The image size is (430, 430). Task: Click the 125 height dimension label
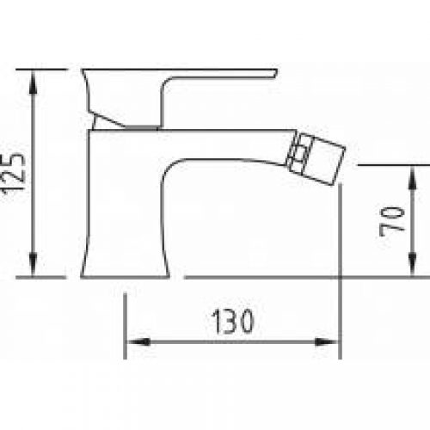pyautogui.click(x=13, y=175)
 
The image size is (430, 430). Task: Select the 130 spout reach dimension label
pyautogui.click(x=232, y=322)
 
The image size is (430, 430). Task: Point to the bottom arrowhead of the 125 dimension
pyautogui.click(x=34, y=265)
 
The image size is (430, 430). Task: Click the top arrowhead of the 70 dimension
pyautogui.click(x=412, y=177)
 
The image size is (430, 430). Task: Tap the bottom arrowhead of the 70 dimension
pyautogui.click(x=412, y=265)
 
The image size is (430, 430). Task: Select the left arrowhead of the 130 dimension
pyautogui.click(x=138, y=341)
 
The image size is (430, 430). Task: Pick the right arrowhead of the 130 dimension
pyautogui.click(x=326, y=341)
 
